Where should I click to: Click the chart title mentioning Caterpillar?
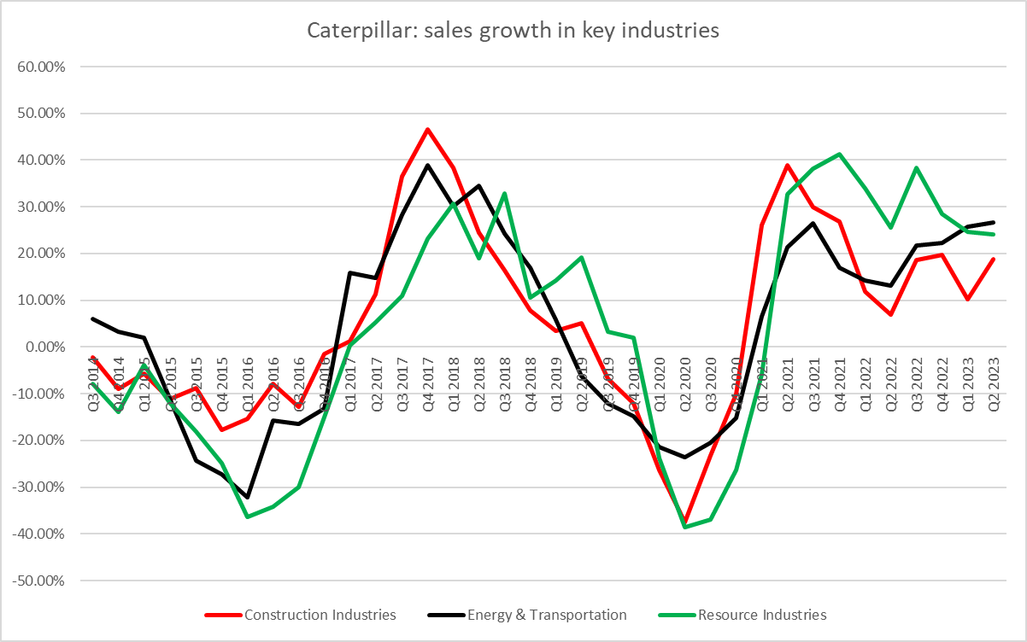pos(513,32)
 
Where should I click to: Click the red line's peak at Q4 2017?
pos(427,130)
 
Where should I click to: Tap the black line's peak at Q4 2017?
pos(427,165)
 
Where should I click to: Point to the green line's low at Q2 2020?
pos(684,527)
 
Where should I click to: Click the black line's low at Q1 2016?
pos(248,497)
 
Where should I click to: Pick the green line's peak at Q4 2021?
pos(839,155)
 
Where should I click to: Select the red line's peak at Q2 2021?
pos(788,165)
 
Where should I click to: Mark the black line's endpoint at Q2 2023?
pos(993,222)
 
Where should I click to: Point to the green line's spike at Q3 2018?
pos(505,193)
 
